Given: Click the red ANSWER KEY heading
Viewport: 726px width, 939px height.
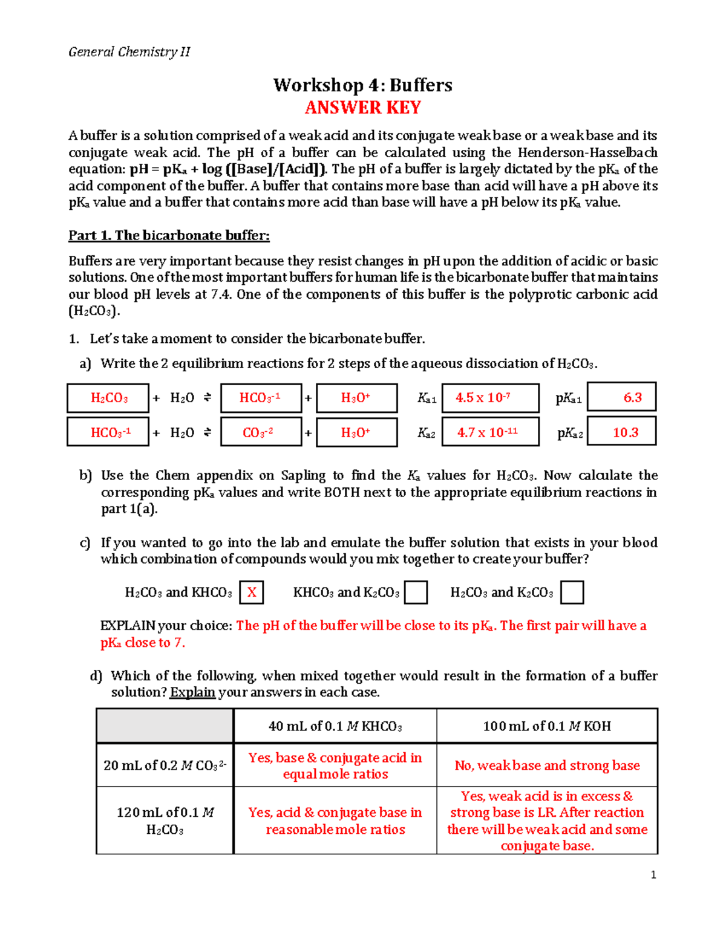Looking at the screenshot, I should click(x=363, y=108).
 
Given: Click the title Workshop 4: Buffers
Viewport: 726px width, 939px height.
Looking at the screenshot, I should click(x=363, y=85).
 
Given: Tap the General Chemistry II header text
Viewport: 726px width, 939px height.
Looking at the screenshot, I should click(x=129, y=52).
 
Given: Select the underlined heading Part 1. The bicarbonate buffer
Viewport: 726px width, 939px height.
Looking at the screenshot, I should click(x=169, y=235).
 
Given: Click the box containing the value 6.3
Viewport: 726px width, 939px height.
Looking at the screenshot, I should click(x=622, y=397).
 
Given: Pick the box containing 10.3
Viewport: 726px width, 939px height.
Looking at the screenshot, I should click(x=622, y=432).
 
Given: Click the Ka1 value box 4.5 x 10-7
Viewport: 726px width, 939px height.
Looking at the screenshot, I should click(x=490, y=398).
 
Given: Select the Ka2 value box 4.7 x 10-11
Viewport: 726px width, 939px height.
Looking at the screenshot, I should click(x=490, y=432).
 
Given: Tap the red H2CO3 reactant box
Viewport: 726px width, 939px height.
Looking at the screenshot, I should click(x=108, y=398).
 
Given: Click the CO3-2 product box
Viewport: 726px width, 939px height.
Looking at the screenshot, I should click(x=261, y=432).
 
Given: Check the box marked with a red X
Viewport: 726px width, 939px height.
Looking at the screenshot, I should click(x=252, y=593).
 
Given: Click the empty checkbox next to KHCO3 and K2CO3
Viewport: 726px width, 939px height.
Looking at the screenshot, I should click(x=416, y=593).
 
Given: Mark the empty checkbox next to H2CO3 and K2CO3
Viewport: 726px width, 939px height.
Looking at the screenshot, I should click(x=572, y=593).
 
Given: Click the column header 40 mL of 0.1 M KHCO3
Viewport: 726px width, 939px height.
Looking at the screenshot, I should click(x=335, y=726).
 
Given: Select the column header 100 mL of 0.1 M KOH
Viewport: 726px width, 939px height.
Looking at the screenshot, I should click(x=547, y=726).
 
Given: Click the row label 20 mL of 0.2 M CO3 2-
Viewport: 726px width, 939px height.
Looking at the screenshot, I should click(x=165, y=765).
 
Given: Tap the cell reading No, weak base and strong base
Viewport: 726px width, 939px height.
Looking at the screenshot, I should click(x=547, y=765).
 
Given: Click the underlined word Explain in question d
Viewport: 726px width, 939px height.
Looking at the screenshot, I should click(x=192, y=692).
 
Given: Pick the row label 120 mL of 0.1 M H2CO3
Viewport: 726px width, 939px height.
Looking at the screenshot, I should click(x=165, y=820).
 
